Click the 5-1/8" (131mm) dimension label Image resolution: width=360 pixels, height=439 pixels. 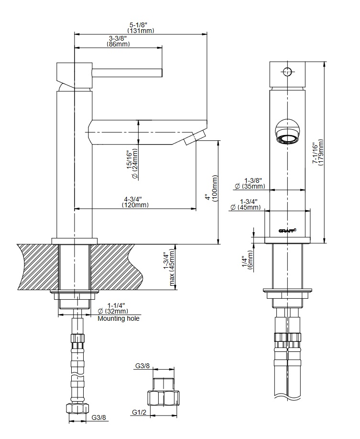tap(141, 28)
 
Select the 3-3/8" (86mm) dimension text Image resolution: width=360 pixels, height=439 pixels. tap(118, 41)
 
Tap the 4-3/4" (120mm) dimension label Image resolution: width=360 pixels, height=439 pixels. tap(135, 202)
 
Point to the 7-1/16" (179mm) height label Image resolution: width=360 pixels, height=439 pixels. tap(318, 153)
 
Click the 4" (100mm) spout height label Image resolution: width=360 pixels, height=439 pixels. tap(211, 189)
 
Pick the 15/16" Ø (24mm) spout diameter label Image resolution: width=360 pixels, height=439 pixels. tap(132, 164)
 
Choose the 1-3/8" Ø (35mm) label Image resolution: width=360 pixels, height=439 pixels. tap(250, 183)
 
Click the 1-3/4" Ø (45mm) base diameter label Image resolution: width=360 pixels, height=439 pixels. tap(246, 204)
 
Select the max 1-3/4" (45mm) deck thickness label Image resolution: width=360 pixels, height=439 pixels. tap(169, 267)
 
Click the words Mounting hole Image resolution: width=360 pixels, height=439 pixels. tap(119, 319)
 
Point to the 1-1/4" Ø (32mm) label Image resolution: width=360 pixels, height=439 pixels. tap(113, 308)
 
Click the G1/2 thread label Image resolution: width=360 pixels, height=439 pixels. tap(139, 412)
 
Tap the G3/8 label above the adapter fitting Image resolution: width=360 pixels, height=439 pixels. tap(142, 366)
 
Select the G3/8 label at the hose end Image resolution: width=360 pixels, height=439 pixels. tap(98, 418)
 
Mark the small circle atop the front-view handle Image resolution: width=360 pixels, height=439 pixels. tap(287, 72)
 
